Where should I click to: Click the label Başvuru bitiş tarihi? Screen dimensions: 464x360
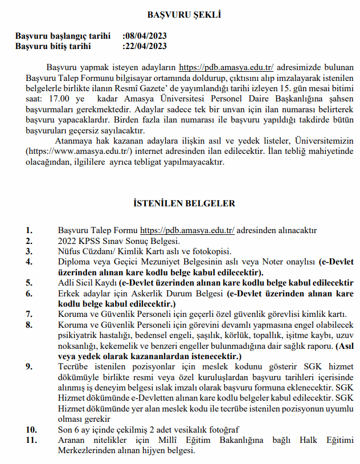pyautogui.click(x=53, y=46)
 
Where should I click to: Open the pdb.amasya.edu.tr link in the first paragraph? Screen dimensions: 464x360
pyautogui.click(x=227, y=67)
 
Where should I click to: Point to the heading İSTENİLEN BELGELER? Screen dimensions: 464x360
pyautogui.click(x=180, y=202)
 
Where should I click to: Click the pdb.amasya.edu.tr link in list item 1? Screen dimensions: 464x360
pyautogui.click(x=187, y=230)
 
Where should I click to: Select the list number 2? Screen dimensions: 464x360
pyautogui.click(x=29, y=241)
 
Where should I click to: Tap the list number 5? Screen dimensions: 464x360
pyautogui.click(x=29, y=283)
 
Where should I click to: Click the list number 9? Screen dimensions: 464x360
pyautogui.click(x=29, y=367)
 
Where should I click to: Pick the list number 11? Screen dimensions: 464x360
pyautogui.click(x=31, y=440)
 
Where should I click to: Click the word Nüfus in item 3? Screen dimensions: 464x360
pyautogui.click(x=69, y=251)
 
